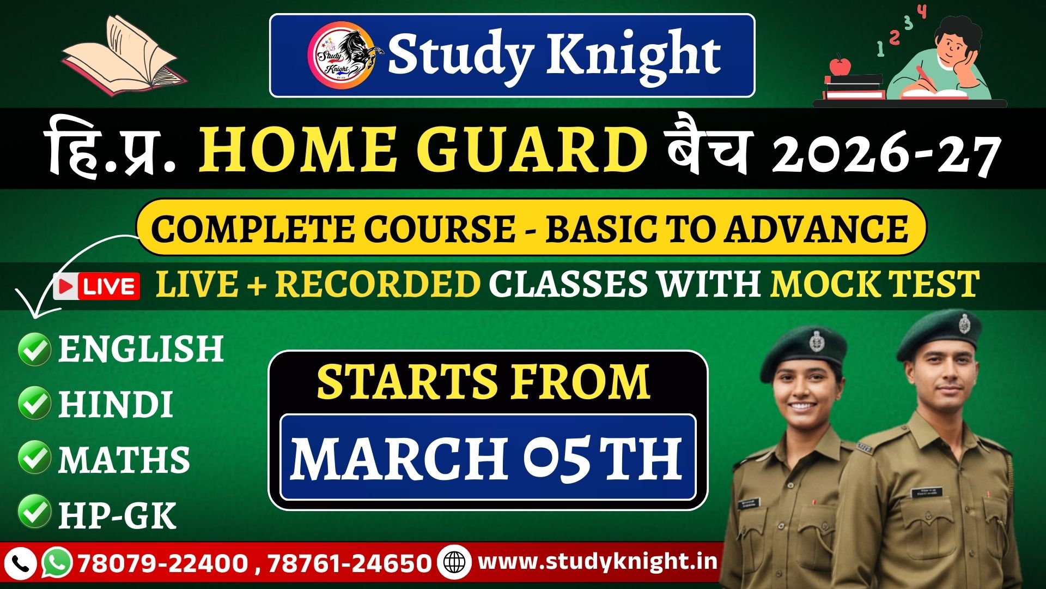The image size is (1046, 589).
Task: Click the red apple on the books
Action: pos(840,65)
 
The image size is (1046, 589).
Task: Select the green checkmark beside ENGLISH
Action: pos(34,349)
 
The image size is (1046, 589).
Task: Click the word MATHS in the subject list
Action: pos(124,459)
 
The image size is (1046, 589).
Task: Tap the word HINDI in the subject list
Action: pos(115,404)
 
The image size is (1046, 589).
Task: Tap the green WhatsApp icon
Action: pos(57,562)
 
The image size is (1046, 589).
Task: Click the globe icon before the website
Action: pos(454,562)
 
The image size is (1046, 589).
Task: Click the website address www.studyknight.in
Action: pos(598,562)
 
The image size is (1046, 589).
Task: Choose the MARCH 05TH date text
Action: pos(486,458)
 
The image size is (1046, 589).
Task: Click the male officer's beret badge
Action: pos(964,323)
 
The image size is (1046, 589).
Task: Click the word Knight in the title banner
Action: pos(634,55)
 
